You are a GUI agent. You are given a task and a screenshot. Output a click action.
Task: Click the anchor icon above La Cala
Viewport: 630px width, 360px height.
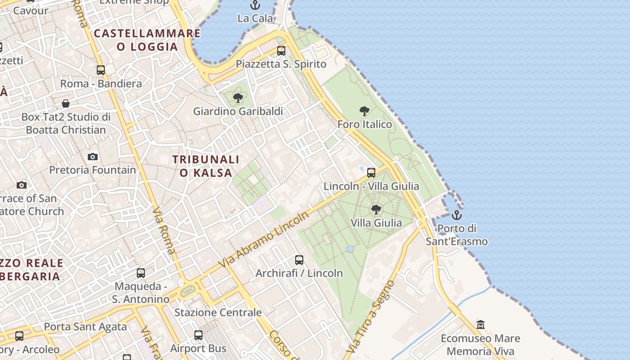coord(255,5)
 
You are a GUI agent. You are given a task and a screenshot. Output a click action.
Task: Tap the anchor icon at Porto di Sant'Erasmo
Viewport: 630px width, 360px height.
coord(457,215)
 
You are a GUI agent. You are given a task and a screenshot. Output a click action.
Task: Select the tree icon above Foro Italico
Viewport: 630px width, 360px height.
coord(364,111)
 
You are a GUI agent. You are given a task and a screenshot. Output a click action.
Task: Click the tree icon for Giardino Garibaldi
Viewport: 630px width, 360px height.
coord(238,98)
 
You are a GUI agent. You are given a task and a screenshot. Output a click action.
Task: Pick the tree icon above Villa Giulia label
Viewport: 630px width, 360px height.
coord(376,209)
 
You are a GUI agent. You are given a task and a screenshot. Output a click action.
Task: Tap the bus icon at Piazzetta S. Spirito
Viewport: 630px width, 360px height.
coord(281,51)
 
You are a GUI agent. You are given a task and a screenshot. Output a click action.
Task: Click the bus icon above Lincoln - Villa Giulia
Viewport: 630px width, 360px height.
coord(371,173)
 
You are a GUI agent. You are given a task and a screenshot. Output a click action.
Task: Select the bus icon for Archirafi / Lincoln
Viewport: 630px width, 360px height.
coord(299,260)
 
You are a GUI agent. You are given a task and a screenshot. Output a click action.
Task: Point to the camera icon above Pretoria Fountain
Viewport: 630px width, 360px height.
coord(93,157)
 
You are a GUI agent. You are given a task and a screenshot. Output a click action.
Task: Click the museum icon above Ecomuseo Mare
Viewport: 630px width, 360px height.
coord(481,324)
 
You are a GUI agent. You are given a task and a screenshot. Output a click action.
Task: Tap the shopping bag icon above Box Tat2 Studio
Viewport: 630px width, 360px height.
coord(66,104)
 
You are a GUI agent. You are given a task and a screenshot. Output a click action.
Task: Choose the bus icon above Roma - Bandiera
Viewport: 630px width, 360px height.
coord(101,70)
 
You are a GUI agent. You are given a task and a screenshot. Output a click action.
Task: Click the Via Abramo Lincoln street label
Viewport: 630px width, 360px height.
coord(264,239)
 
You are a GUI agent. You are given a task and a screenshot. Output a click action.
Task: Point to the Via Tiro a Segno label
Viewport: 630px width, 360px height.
coord(370,317)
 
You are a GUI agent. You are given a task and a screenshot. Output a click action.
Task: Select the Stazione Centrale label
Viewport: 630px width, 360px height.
coord(218,312)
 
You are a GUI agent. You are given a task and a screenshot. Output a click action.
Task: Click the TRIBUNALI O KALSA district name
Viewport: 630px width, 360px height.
coord(206,166)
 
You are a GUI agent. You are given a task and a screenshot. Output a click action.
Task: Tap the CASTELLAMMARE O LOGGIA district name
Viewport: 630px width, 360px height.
coord(147,40)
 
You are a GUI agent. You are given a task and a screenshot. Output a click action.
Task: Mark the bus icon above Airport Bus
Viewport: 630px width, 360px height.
coord(198,335)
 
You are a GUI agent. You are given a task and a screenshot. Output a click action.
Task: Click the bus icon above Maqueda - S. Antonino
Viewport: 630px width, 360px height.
coord(141,273)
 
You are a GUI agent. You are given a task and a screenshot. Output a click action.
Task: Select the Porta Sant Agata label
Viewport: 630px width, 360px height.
coord(85,327)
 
